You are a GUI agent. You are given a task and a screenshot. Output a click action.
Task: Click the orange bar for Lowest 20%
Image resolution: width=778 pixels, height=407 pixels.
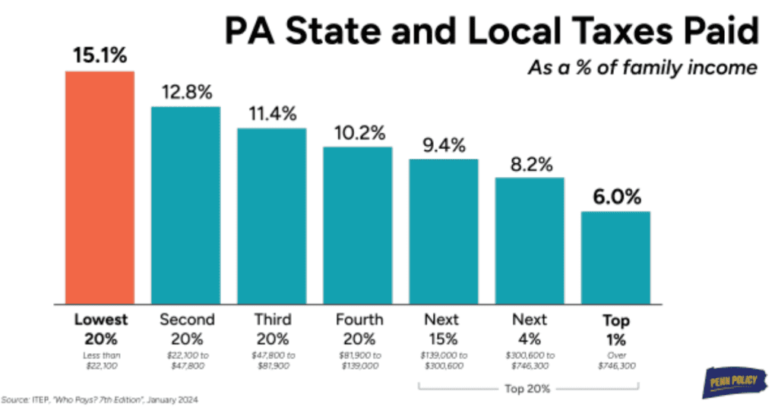coord(100,187)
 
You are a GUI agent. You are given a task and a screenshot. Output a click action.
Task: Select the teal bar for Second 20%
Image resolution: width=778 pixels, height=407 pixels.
coord(185,204)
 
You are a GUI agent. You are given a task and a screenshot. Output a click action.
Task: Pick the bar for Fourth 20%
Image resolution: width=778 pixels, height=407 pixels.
coord(358,225)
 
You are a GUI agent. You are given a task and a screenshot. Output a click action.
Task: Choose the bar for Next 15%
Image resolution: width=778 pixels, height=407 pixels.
coord(444,231)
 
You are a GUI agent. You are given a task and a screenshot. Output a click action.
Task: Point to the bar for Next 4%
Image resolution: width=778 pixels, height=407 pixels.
coord(530,240)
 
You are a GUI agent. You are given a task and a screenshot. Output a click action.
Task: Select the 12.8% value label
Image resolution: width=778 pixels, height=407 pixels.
coord(185,93)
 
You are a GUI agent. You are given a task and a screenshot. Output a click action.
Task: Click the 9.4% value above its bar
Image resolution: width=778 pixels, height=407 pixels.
coord(444,145)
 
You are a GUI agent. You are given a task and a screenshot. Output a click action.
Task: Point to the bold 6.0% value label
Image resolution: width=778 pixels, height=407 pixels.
coord(615,197)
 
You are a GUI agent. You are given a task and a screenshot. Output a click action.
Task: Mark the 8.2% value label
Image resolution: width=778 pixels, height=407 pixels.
coord(530,164)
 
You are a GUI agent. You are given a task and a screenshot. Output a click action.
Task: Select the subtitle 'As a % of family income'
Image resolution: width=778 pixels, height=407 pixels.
coord(643,68)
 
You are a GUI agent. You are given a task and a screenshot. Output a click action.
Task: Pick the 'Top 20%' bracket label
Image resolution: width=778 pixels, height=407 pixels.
coord(530,388)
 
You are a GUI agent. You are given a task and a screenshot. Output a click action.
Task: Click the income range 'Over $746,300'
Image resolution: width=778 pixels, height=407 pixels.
coord(615,361)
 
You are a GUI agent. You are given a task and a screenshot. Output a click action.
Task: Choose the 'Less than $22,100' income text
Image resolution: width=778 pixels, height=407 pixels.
coord(100,361)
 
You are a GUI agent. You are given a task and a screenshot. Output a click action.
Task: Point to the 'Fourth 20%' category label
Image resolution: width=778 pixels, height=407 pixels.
coord(358,328)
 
